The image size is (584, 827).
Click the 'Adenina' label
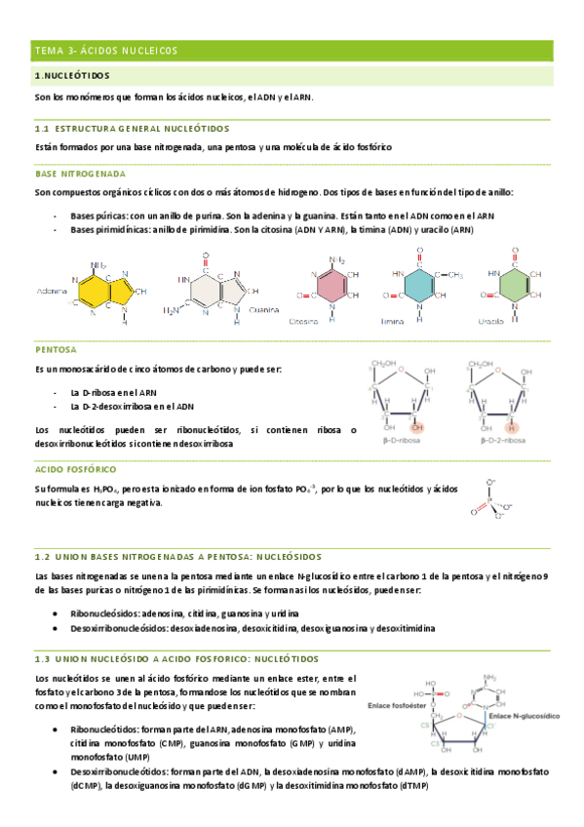tap(52, 291)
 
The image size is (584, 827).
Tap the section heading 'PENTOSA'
tap(56, 349)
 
